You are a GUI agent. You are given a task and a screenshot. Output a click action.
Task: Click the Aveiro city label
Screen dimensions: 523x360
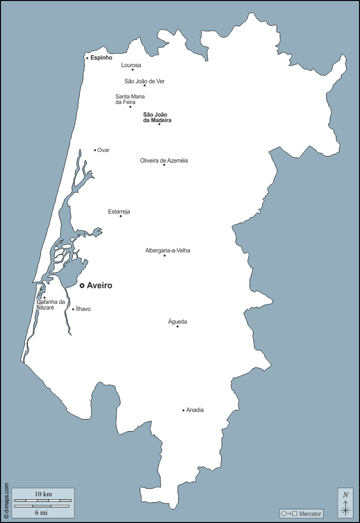tap(99, 286)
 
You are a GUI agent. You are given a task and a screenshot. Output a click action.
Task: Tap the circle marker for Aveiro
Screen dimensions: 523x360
tap(82, 286)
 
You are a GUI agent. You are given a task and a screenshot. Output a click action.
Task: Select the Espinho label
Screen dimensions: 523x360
tap(101, 58)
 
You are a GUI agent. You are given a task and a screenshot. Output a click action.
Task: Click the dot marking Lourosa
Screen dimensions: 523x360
tap(133, 70)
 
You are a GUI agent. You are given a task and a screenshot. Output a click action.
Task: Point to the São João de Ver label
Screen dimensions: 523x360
tap(144, 81)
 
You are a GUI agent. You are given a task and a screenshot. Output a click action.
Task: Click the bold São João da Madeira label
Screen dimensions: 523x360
tap(157, 117)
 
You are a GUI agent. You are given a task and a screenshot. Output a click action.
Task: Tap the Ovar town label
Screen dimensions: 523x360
tap(103, 150)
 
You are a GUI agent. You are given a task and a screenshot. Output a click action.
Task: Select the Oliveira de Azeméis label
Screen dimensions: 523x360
tap(164, 161)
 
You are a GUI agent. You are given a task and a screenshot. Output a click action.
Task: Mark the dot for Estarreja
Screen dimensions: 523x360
tap(121, 216)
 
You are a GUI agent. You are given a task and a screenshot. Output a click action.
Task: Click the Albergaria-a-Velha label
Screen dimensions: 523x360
tap(168, 250)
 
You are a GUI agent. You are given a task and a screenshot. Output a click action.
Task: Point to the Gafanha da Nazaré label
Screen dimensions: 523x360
tap(51, 304)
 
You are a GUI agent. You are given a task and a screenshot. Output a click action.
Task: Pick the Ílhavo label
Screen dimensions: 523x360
tap(83, 309)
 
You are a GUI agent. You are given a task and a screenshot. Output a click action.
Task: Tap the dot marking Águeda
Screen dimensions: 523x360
tap(177, 327)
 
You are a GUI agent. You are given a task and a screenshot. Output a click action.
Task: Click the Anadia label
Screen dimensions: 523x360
tap(195, 410)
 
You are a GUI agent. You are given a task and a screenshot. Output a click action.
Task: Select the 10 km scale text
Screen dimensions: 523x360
tap(43, 493)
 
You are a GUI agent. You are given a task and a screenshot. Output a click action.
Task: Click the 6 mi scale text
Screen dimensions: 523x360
tap(41, 512)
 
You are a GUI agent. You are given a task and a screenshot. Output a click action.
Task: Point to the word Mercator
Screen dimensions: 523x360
tap(310, 513)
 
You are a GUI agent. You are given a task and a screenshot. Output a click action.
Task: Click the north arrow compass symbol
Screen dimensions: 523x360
tap(345, 503)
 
